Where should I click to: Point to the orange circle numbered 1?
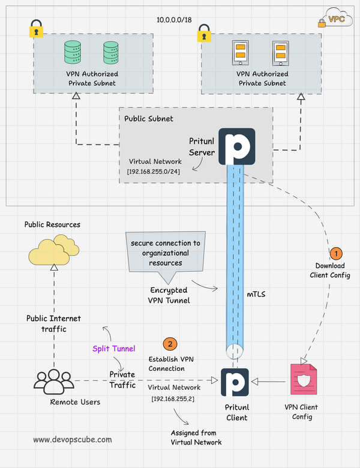pyautogui.click(x=336, y=253)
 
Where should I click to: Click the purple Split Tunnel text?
pyautogui.click(x=114, y=349)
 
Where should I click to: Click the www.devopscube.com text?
pyautogui.click(x=72, y=439)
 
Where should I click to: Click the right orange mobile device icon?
pyautogui.click(x=280, y=53)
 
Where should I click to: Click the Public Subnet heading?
pyautogui.click(x=148, y=118)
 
